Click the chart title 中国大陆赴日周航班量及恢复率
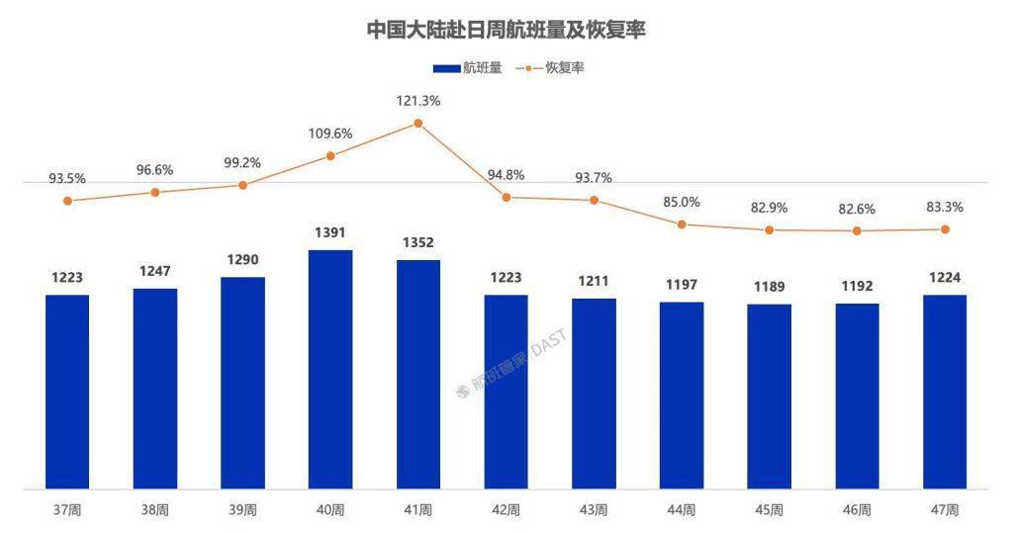(x=506, y=30)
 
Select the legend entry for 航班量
(x=468, y=68)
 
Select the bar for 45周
(x=769, y=396)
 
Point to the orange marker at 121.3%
(x=418, y=124)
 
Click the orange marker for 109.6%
(x=330, y=156)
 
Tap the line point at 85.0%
(x=682, y=224)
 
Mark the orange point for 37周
(x=67, y=201)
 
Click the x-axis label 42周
(x=506, y=510)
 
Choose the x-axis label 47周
(x=945, y=510)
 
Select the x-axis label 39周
(x=242, y=510)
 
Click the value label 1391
(x=330, y=232)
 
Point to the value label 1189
(x=769, y=287)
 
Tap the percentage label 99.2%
(x=242, y=163)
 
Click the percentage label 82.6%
(x=857, y=209)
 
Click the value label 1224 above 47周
(x=945, y=277)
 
